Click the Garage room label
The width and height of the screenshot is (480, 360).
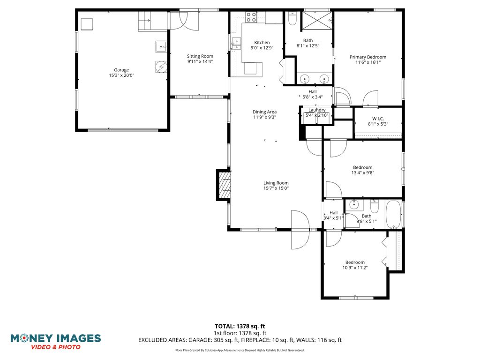[x=121, y=70]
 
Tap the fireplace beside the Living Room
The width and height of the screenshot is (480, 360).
[x=224, y=185]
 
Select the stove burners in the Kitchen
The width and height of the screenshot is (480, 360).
[x=251, y=17]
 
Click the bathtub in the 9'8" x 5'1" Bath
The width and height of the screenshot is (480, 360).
[x=393, y=214]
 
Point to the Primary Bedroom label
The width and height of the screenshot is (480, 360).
[x=368, y=57]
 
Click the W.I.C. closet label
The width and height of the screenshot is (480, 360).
[x=378, y=119]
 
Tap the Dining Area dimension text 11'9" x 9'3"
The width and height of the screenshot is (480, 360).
[x=264, y=117]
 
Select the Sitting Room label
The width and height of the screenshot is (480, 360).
[x=200, y=56]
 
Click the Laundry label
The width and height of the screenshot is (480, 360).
[x=317, y=110]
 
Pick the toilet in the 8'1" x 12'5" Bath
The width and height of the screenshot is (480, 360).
[x=292, y=18]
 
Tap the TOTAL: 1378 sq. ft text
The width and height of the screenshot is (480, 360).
[x=240, y=326]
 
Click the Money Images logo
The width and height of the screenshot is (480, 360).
[x=56, y=342]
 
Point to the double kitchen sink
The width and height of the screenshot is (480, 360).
[x=236, y=44]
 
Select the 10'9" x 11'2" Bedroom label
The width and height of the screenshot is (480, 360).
[x=355, y=262]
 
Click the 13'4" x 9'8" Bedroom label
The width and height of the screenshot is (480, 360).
[x=363, y=167]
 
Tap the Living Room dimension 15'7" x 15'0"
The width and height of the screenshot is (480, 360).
[x=276, y=188]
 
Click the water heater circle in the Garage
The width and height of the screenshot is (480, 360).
[x=161, y=67]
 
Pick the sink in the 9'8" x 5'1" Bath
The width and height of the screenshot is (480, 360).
[x=354, y=204]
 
